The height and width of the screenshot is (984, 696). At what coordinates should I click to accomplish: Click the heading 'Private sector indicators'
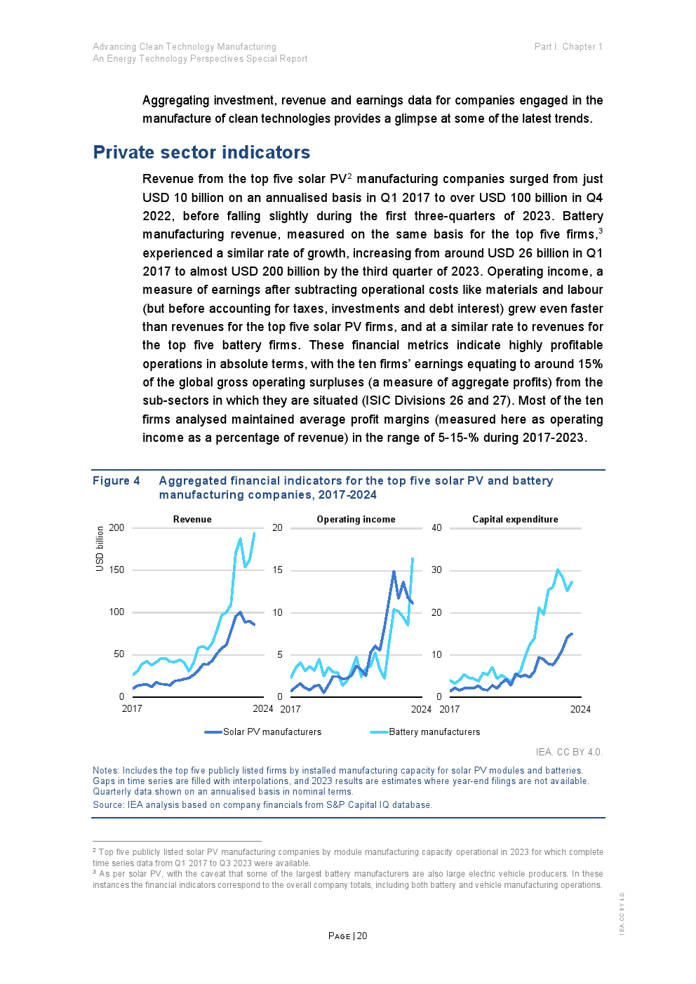[x=201, y=152]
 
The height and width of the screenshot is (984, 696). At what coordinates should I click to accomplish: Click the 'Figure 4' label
[x=116, y=480]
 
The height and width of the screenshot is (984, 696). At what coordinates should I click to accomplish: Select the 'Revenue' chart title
[x=192, y=519]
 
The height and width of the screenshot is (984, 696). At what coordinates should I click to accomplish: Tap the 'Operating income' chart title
[x=356, y=519]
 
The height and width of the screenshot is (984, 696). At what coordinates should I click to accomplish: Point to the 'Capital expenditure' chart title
[x=515, y=519]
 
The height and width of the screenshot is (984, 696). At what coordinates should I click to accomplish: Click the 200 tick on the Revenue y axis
[x=116, y=527]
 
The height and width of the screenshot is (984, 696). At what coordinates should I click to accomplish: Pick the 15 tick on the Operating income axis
[x=278, y=569]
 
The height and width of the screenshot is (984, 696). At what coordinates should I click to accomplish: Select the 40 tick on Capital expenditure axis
[x=436, y=527]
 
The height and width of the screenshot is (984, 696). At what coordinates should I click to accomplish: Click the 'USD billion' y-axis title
[x=100, y=548]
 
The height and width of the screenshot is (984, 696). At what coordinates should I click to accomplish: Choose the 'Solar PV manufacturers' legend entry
[x=272, y=732]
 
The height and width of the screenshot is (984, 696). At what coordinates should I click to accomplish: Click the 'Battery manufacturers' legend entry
[x=434, y=732]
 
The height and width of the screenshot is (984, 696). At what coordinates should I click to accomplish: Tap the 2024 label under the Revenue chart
[x=263, y=708]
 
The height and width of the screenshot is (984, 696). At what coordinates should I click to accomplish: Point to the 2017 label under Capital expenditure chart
[x=450, y=709]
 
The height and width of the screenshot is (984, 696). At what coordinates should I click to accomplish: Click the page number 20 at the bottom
[x=362, y=936]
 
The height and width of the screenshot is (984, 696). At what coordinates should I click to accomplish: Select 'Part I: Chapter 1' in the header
[x=568, y=47]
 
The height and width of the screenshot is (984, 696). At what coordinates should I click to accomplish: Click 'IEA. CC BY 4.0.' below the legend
[x=569, y=752]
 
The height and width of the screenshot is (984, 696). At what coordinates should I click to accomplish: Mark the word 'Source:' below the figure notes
[x=109, y=804]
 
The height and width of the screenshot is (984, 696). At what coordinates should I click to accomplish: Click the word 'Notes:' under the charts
[x=106, y=770]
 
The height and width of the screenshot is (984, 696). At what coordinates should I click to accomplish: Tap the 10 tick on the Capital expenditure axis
[x=436, y=654]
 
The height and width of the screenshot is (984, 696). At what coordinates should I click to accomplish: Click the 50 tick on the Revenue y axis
[x=119, y=654]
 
